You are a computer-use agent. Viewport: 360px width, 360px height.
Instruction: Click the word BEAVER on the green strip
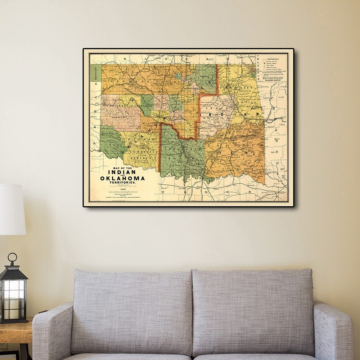tap(95, 73)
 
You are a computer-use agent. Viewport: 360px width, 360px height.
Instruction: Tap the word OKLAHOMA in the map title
tap(122, 178)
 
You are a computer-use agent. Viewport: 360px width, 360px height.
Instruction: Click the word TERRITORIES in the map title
tap(122, 183)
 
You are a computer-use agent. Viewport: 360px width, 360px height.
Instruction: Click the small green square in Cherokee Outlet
tap(177, 75)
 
